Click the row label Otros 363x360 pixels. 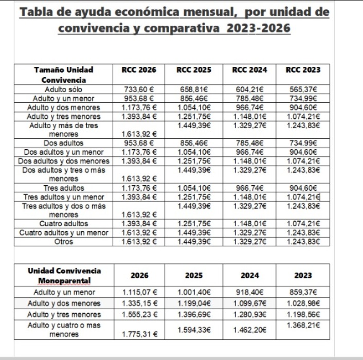[x=64, y=242]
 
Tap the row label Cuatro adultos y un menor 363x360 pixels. [x=64, y=233]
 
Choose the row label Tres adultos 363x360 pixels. [x=64, y=188]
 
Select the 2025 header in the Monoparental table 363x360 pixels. [x=194, y=276]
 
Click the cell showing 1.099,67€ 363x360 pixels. [x=250, y=303]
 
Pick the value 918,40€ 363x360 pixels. [x=250, y=293]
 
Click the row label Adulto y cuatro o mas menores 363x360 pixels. [x=64, y=330]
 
